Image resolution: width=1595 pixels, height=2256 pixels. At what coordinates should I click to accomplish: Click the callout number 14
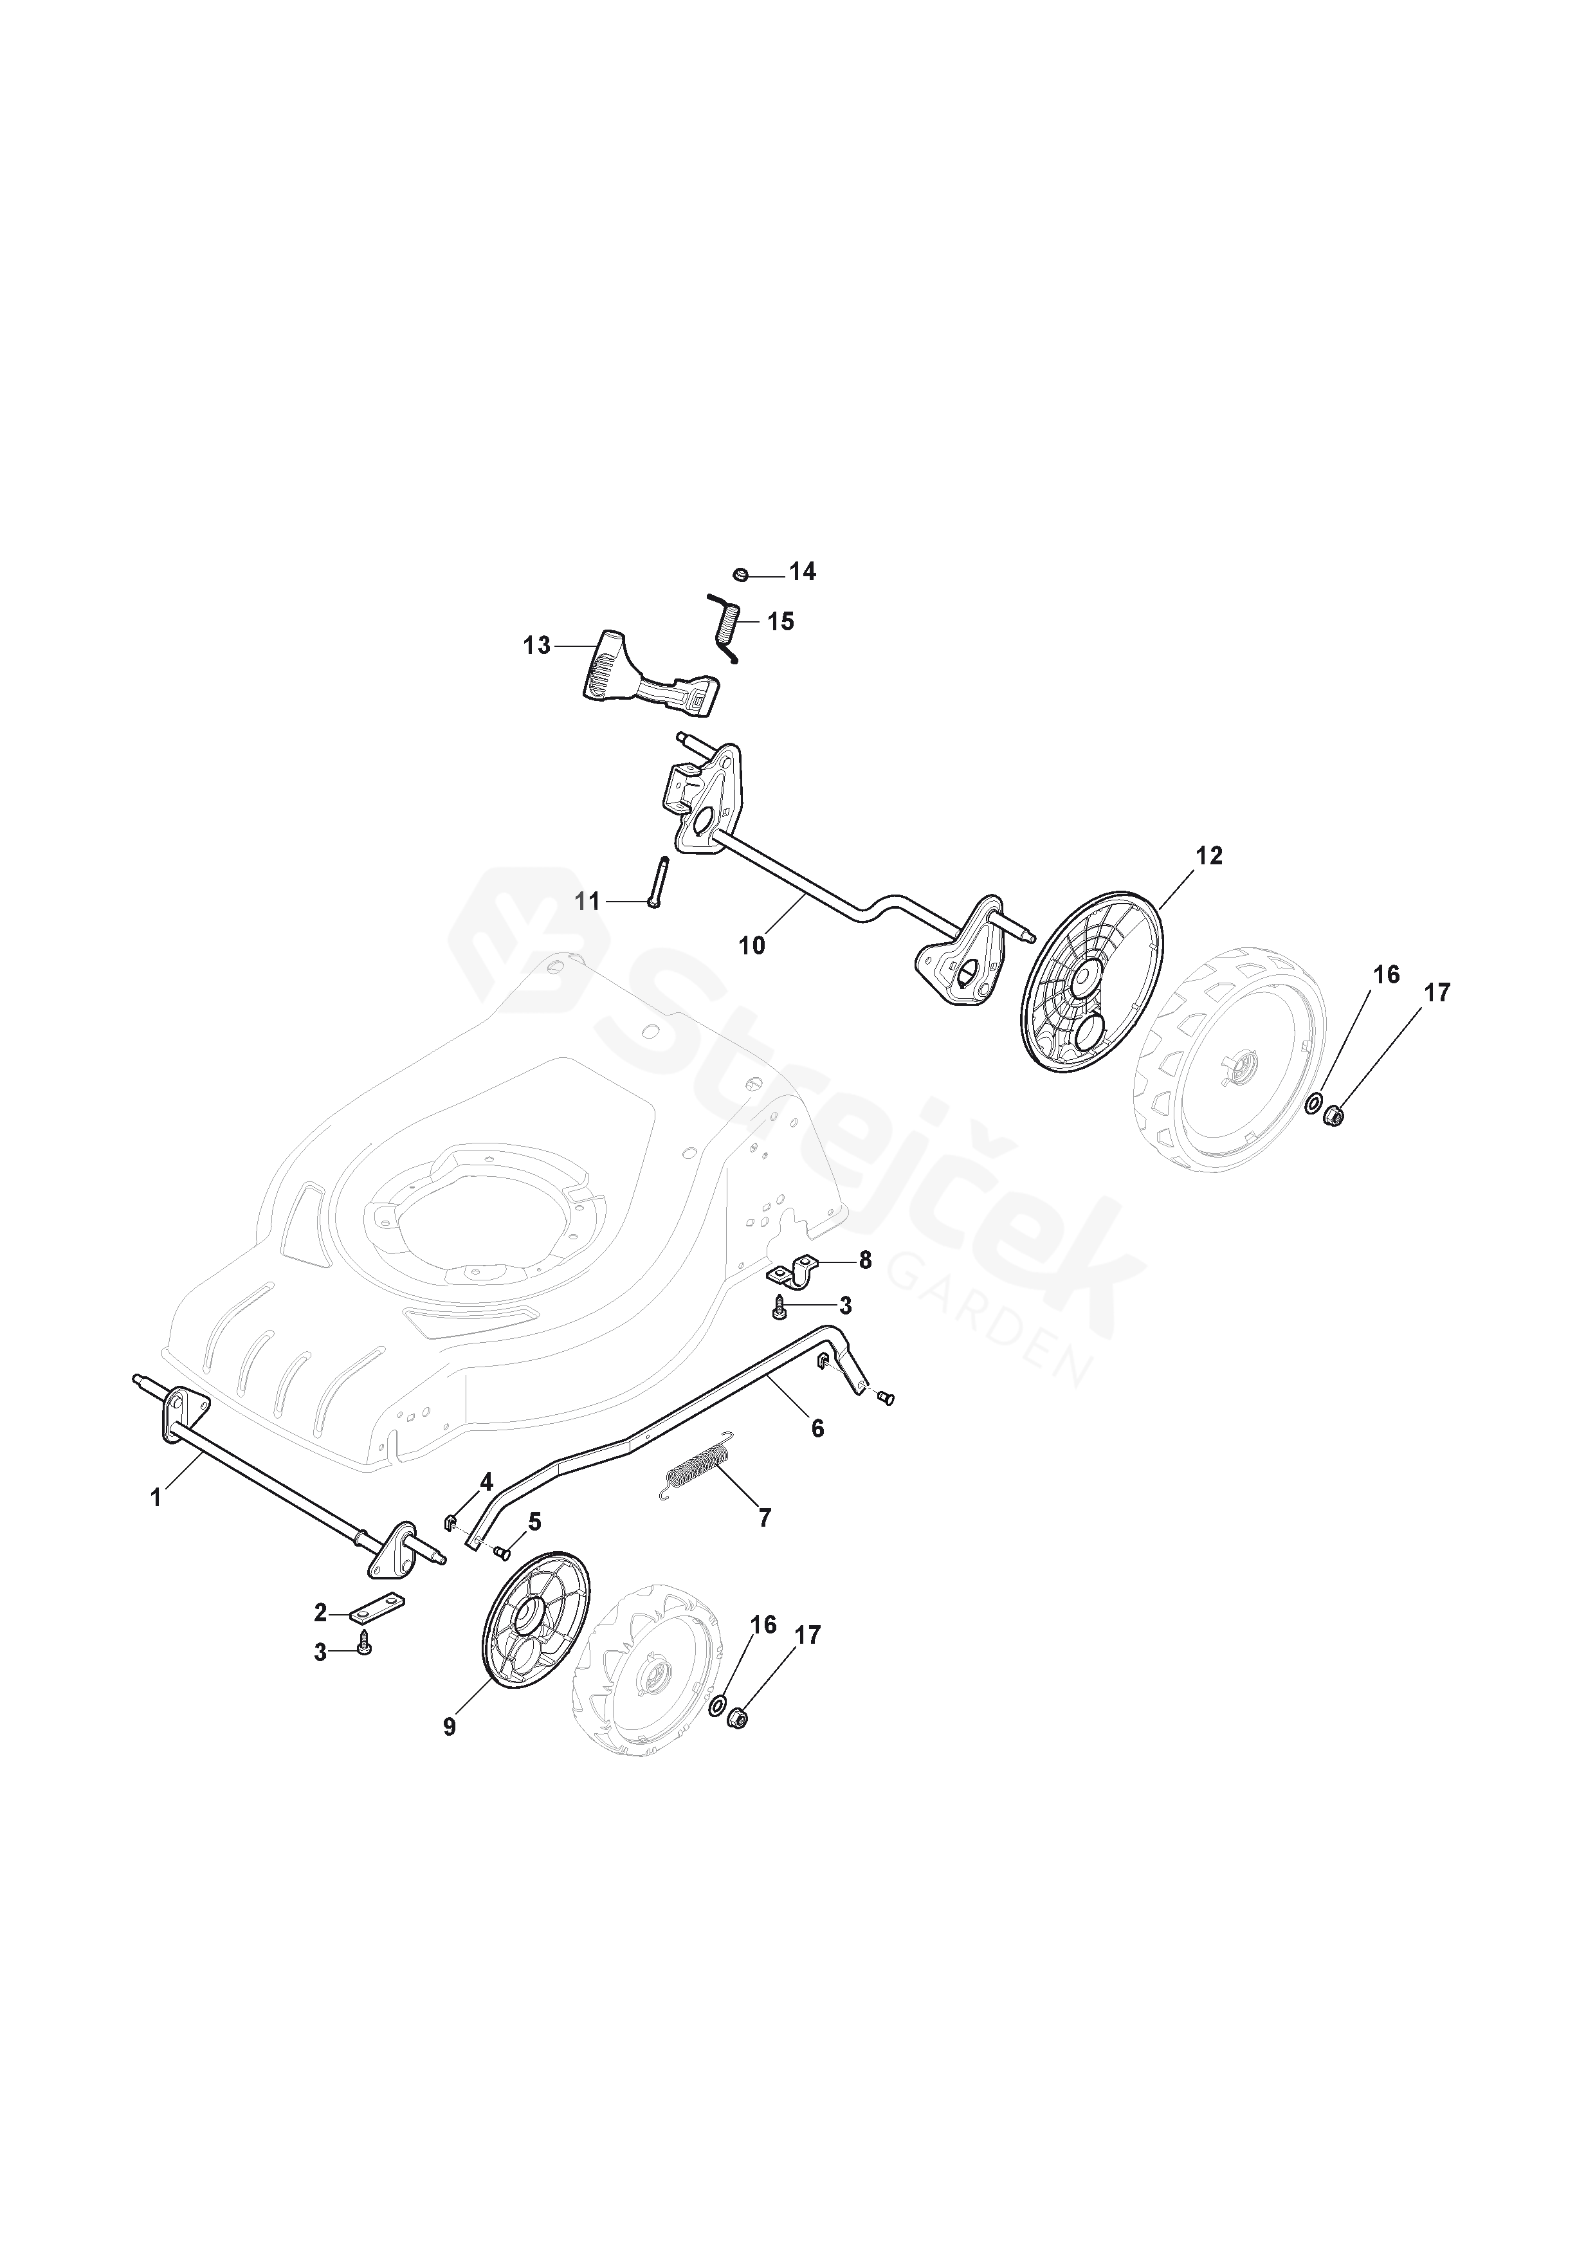(802, 572)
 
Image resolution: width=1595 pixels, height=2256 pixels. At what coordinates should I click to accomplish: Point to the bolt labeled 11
(657, 882)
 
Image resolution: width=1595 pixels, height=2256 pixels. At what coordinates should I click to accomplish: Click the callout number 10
(752, 945)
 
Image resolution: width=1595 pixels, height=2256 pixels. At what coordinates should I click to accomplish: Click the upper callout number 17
(1435, 994)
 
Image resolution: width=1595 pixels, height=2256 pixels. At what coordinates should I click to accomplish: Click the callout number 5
(534, 1522)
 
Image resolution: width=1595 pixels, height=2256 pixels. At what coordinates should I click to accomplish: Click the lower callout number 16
(763, 1624)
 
